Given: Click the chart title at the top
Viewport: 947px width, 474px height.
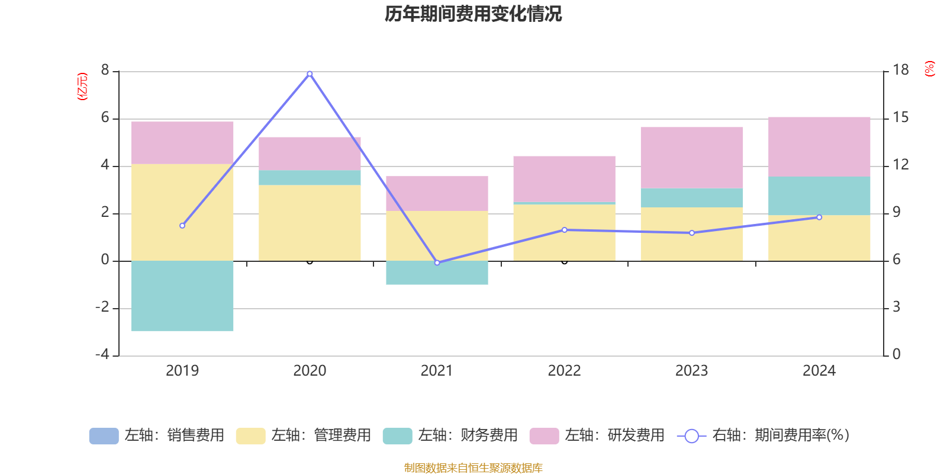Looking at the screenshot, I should (x=473, y=14).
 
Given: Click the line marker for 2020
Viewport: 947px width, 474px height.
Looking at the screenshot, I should (x=310, y=73).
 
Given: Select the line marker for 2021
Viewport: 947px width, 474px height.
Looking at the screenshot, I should (x=437, y=262).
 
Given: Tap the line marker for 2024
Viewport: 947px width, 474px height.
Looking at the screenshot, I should (x=819, y=217).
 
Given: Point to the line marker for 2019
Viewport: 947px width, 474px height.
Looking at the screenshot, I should (x=182, y=226).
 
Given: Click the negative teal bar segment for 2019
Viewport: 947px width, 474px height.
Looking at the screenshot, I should (x=182, y=296).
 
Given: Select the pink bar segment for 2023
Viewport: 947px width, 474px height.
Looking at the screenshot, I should (x=691, y=158).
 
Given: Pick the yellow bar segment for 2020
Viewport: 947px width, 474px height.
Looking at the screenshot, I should (x=310, y=223).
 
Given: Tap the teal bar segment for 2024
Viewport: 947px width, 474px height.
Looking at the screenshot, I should (x=819, y=196).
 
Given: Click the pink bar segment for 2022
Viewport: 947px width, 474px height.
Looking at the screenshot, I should (x=564, y=179).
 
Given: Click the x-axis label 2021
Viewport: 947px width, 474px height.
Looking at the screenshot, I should (x=437, y=371).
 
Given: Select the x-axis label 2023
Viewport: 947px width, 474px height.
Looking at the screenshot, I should (x=691, y=371).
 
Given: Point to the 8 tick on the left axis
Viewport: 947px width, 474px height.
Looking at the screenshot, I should (x=105, y=71).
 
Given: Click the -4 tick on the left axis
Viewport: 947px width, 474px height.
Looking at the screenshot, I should (x=102, y=354).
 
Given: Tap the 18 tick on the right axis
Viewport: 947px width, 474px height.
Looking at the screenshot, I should (x=901, y=71).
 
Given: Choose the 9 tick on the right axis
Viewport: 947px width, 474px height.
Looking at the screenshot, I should (x=897, y=212).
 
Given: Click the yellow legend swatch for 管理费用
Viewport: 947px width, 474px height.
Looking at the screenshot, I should (x=250, y=435).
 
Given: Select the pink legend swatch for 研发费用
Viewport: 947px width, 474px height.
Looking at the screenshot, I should (x=544, y=435).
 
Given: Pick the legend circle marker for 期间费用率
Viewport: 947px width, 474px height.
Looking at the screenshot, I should (x=691, y=436).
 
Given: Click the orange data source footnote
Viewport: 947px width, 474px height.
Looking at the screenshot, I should (x=473, y=468).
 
